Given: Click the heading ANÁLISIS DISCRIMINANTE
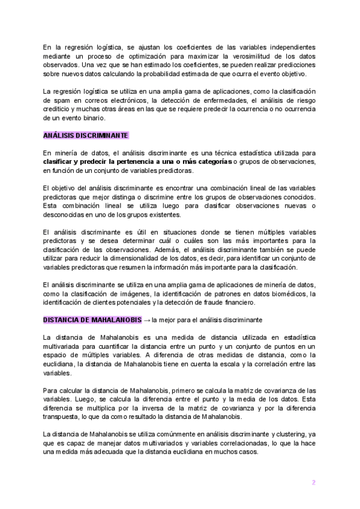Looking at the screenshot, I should (85, 135).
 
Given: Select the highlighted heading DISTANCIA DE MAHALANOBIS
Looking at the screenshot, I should (92, 319).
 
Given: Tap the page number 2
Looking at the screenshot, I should (313, 483).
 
